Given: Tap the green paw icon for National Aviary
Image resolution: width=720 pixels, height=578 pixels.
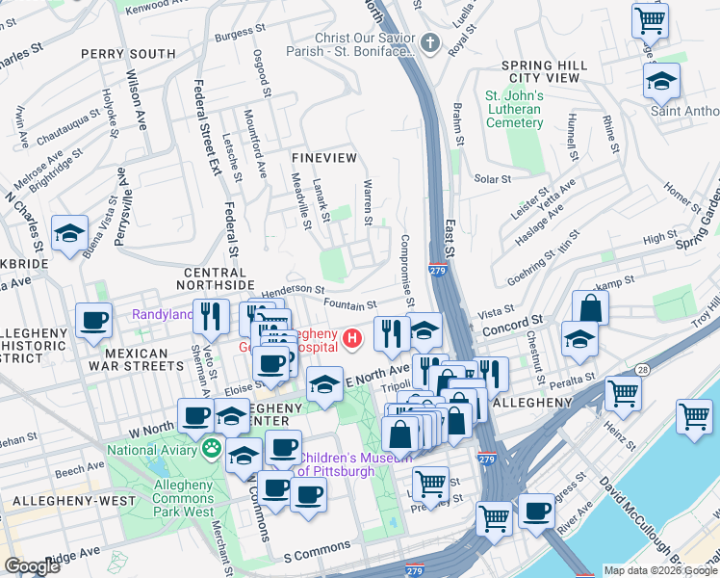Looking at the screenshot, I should pos(212,448).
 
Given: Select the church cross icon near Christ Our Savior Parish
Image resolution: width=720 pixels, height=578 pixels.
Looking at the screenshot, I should pos(429,43).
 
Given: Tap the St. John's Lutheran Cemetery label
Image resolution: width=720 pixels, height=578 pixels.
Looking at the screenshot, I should pos(514,109).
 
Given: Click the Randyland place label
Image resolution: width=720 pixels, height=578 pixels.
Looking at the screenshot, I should pos(161,313).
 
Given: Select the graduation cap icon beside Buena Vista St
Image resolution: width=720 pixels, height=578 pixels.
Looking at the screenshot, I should pos(69,234).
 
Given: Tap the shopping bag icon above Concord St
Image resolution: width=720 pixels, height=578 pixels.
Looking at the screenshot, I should pos(590,309).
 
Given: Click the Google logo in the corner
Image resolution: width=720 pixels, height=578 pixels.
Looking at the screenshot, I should pos(32,566).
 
